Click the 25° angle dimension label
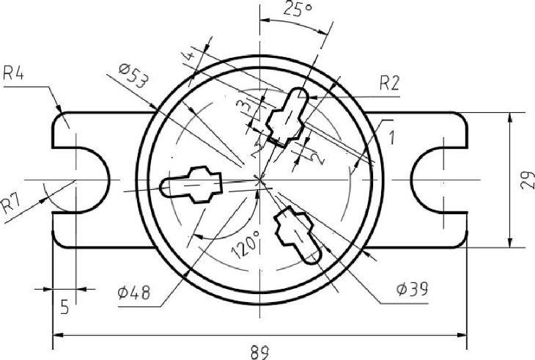(x=298, y=9)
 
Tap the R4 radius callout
(x=13, y=73)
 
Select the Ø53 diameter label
(x=134, y=76)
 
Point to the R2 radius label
(x=389, y=83)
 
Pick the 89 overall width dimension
(x=259, y=353)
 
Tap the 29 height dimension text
(x=528, y=180)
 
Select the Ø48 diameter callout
(x=133, y=293)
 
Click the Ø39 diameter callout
(x=412, y=290)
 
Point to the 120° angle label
(x=246, y=244)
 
